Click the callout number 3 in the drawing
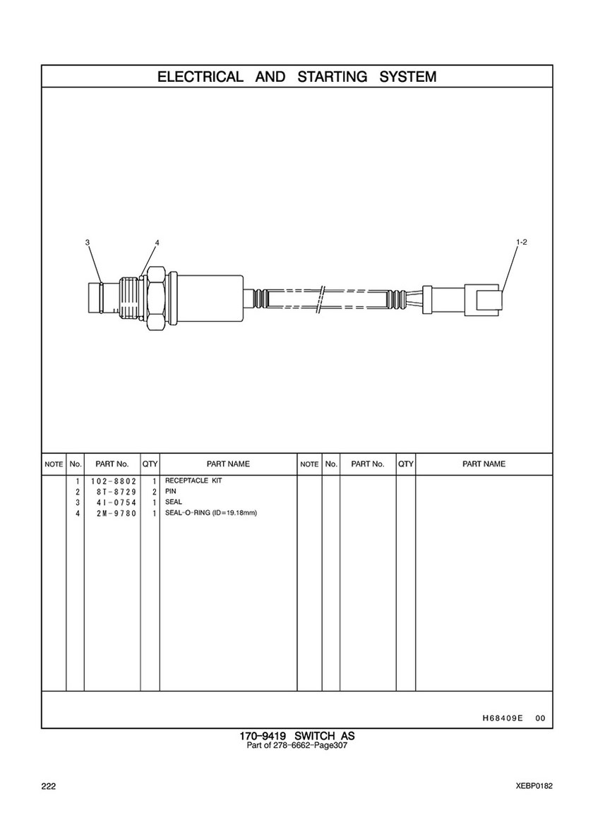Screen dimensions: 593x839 point(88,243)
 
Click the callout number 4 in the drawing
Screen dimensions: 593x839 point(157,243)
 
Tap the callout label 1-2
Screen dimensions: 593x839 point(521,242)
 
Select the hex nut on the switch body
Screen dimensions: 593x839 point(155,298)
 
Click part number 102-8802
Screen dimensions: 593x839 point(114,481)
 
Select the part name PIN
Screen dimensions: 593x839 point(171,491)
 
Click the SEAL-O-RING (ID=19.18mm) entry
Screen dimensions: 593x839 point(211,513)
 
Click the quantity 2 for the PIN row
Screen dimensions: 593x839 point(154,492)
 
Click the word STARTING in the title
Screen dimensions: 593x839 point(333,77)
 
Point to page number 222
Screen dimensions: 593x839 point(48,786)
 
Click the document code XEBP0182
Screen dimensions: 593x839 point(534,786)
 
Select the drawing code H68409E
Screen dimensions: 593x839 point(502,718)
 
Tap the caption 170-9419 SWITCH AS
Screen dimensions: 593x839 point(297,736)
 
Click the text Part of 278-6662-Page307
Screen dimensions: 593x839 point(297,745)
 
